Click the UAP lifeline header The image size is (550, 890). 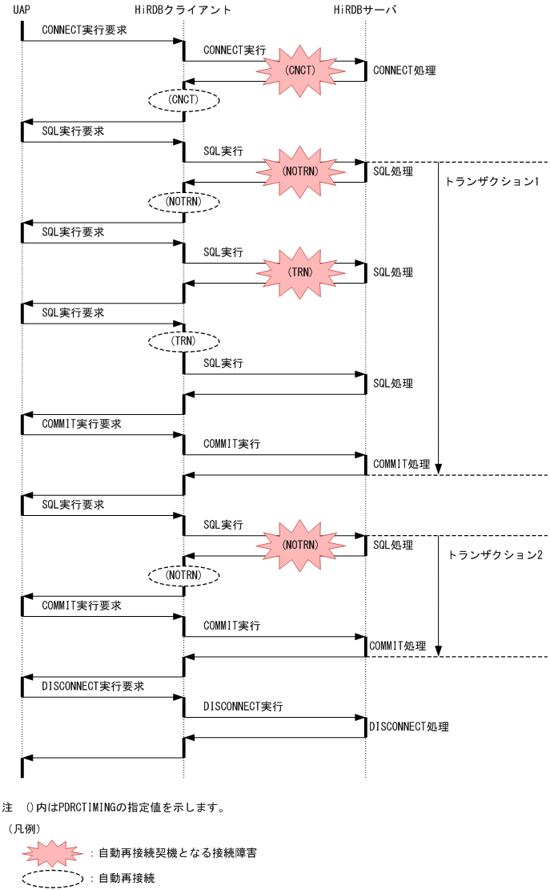(x=22, y=10)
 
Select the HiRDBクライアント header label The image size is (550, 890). (x=183, y=10)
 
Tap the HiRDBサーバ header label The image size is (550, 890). (x=364, y=10)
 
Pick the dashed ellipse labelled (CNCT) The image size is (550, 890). (x=183, y=100)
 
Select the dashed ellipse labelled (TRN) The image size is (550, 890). (x=183, y=341)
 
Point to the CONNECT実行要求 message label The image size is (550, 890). (x=83, y=29)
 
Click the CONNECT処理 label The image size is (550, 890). (x=404, y=70)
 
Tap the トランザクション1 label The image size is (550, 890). (x=492, y=182)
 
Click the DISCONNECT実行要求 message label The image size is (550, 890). (x=93, y=687)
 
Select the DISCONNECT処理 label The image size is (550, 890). (x=408, y=727)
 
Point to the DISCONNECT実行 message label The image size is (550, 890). (x=243, y=707)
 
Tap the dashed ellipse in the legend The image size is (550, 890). (x=53, y=878)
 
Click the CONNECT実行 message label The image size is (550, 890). (x=235, y=50)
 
